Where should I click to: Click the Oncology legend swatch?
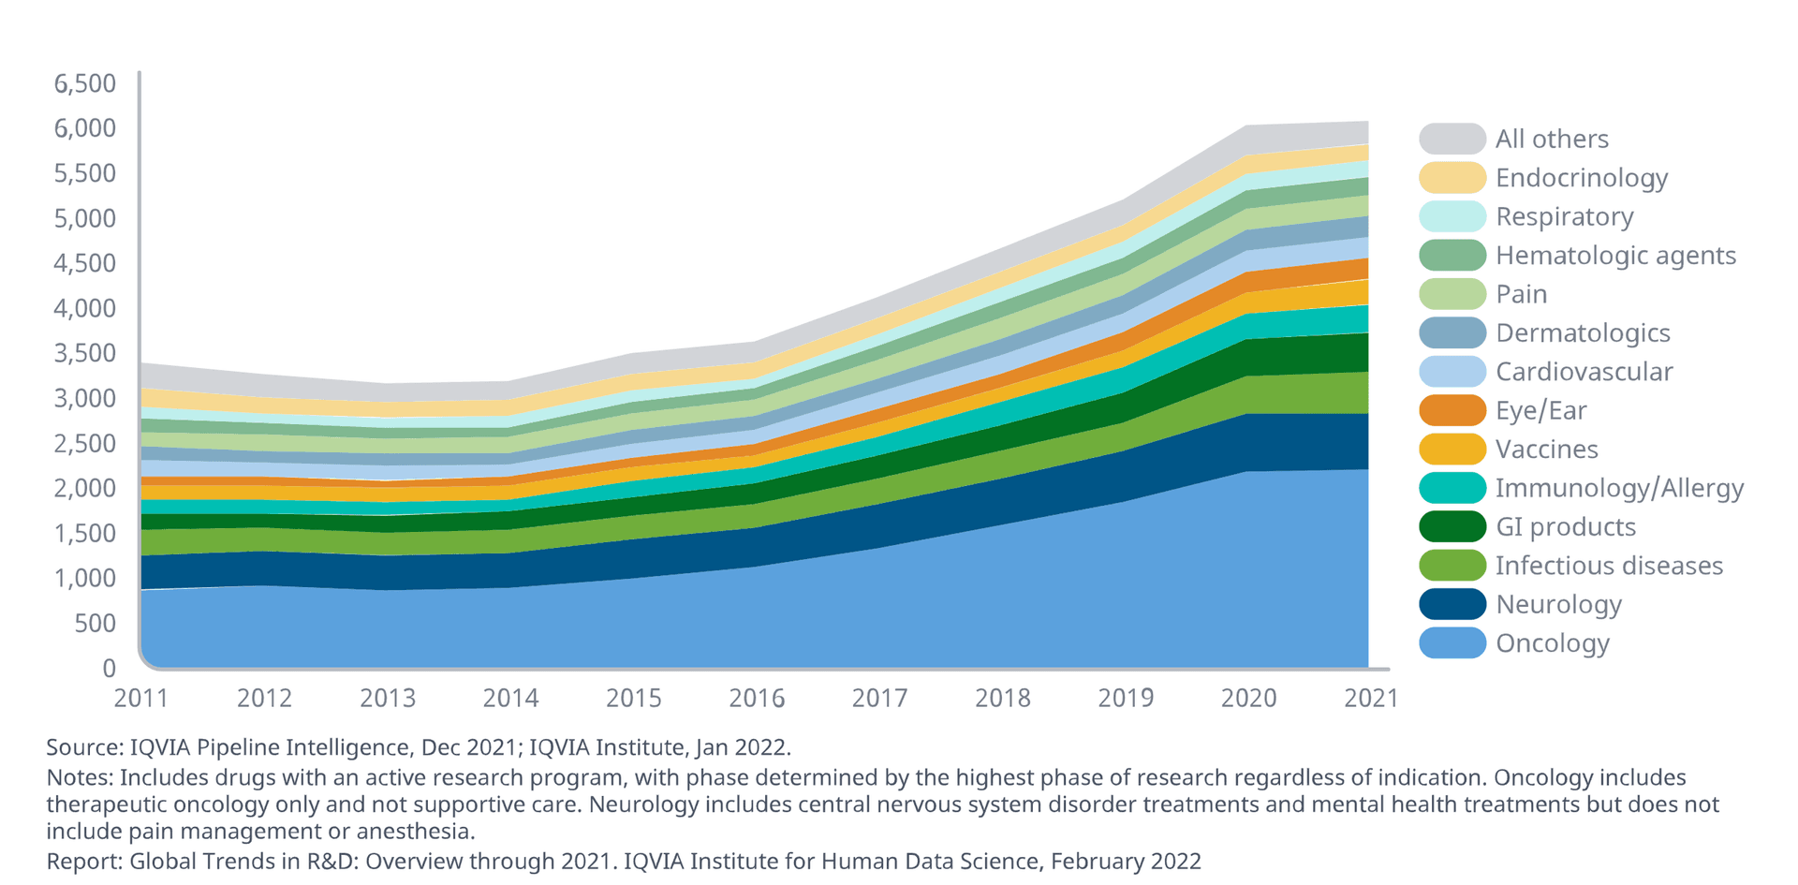(1452, 643)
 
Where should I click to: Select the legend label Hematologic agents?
(1615, 256)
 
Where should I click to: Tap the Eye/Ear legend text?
(1540, 411)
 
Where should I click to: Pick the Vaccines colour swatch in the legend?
(1452, 450)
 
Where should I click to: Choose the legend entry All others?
(1551, 139)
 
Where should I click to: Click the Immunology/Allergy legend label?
(1619, 488)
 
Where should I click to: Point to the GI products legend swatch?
(1452, 527)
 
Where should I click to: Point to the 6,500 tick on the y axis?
(85, 83)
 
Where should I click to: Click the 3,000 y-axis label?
(85, 398)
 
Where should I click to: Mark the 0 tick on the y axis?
(110, 669)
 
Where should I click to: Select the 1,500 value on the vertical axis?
(85, 534)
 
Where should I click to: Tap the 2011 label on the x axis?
(141, 699)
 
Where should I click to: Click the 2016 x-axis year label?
(757, 699)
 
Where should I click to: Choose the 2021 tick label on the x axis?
(1371, 699)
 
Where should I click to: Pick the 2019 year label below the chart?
(1126, 699)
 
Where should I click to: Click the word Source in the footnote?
(81, 747)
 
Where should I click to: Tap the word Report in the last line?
(82, 862)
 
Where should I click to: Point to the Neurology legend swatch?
(1452, 605)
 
